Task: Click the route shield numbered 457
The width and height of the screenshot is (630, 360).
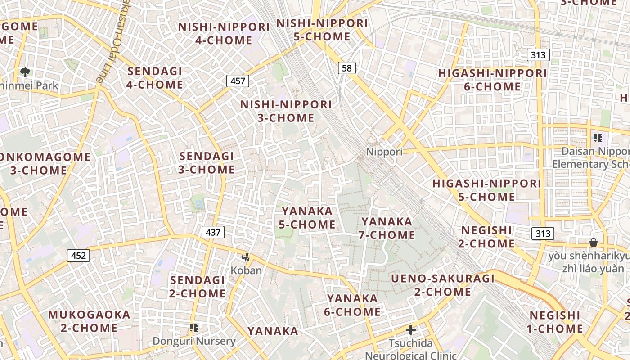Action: click(x=238, y=81)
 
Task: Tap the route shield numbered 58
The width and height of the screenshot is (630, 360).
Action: click(x=346, y=68)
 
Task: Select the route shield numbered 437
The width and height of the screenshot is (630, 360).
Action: click(x=213, y=232)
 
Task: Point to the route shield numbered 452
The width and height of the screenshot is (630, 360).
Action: click(x=79, y=256)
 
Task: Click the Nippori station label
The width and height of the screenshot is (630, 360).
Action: click(x=384, y=152)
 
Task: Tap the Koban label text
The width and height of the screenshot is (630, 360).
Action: click(x=246, y=270)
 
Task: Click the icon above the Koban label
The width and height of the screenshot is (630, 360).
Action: click(x=246, y=257)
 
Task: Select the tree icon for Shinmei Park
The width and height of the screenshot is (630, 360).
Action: click(x=26, y=72)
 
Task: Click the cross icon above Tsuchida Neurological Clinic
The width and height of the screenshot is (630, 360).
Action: click(x=410, y=330)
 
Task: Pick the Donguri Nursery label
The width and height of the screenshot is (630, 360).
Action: click(x=194, y=341)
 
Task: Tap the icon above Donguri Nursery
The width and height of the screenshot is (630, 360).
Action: click(x=194, y=328)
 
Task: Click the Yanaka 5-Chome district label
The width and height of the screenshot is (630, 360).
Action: click(x=307, y=218)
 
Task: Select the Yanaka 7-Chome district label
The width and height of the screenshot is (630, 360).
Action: click(x=387, y=228)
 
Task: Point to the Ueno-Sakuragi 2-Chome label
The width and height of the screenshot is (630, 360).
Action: click(x=443, y=285)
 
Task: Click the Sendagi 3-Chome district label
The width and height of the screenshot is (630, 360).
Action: click(x=207, y=163)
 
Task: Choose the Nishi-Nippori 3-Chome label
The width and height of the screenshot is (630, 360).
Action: click(x=286, y=111)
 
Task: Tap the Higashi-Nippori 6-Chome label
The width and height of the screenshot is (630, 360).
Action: click(x=492, y=80)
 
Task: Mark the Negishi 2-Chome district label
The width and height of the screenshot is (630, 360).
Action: click(x=488, y=237)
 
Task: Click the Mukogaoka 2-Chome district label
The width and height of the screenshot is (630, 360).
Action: click(x=89, y=321)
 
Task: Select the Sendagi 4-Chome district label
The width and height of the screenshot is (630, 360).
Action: click(x=155, y=78)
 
